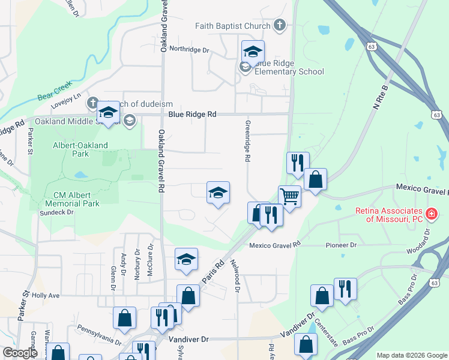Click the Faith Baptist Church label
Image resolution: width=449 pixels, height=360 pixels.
point(232,26)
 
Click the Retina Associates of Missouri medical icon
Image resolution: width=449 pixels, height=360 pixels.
point(430,214)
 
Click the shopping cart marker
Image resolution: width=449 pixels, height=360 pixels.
point(290,196)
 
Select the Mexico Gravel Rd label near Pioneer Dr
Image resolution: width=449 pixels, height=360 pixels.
point(274,245)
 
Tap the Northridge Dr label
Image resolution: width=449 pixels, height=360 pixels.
point(188,49)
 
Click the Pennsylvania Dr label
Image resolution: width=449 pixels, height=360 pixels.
point(99,334)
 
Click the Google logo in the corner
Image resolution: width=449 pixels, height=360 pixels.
point(20,353)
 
